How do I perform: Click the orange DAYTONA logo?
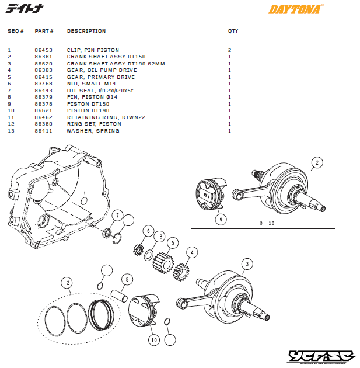(296, 9)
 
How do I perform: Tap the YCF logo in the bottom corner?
(321, 357)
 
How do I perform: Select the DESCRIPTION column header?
(86, 31)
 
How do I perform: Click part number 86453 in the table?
(44, 50)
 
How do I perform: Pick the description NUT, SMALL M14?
(92, 84)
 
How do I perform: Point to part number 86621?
(44, 110)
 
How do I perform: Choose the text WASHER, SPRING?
(93, 131)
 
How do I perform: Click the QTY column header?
(233, 31)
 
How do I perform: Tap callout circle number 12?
(67, 283)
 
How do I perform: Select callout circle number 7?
(118, 216)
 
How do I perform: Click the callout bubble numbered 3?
(247, 264)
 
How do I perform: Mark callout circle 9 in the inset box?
(221, 220)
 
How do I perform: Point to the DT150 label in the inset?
(267, 223)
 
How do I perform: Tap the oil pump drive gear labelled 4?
(181, 272)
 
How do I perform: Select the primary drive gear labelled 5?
(163, 263)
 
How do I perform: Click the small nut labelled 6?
(138, 249)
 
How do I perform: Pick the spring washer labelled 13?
(149, 255)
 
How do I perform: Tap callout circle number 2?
(317, 162)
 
